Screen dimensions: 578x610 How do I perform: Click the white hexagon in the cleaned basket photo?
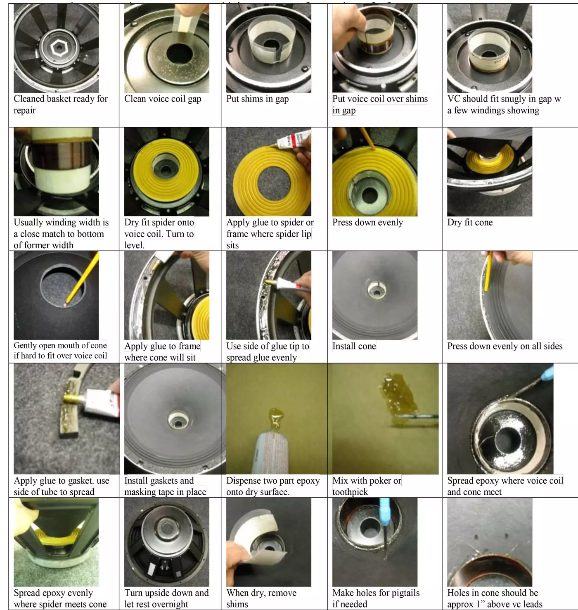(x=59, y=48)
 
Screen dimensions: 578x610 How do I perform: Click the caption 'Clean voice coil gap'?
(x=163, y=99)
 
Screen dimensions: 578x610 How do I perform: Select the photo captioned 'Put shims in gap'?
(x=269, y=48)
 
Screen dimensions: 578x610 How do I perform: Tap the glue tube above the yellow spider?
(x=294, y=138)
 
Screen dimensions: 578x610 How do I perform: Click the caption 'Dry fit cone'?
(x=470, y=222)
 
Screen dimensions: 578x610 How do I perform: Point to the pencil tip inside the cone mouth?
(x=66, y=304)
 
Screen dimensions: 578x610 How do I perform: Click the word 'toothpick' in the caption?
(x=350, y=492)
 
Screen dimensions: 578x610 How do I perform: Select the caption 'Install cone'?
(x=354, y=346)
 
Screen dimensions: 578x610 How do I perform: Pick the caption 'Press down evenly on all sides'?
(x=505, y=346)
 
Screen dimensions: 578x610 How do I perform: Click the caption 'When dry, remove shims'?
(x=261, y=598)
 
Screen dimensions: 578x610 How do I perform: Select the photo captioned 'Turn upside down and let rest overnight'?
(x=167, y=542)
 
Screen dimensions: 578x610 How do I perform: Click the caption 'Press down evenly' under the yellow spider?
(x=367, y=222)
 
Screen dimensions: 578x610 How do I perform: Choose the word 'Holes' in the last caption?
(x=458, y=593)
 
